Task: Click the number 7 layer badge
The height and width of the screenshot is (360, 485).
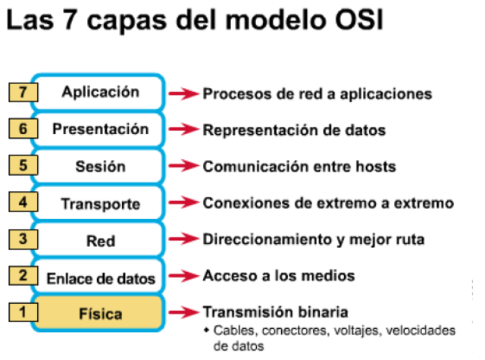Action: (23, 92)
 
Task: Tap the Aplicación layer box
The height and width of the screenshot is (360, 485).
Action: (100, 92)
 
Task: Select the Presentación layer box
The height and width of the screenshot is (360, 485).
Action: (100, 129)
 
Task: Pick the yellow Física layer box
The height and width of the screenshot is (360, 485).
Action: (100, 312)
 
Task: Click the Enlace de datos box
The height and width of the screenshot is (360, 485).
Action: (100, 277)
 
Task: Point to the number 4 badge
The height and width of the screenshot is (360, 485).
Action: (23, 202)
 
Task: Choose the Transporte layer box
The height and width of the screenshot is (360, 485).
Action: (100, 204)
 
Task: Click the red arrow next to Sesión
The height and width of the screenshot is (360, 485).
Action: (182, 166)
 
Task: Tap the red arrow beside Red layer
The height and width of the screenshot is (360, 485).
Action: (182, 239)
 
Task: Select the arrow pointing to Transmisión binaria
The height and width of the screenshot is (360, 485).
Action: (182, 312)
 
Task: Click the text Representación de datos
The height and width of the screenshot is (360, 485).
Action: (294, 130)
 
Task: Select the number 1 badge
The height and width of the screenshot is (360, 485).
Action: (23, 311)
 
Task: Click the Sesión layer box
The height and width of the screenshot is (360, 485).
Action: (100, 166)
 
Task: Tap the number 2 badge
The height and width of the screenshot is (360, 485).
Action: (23, 275)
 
